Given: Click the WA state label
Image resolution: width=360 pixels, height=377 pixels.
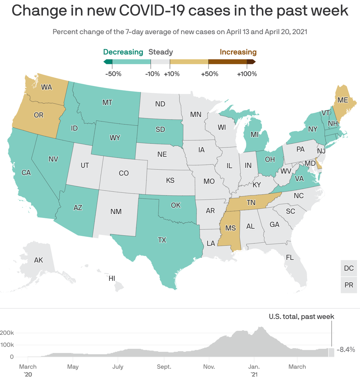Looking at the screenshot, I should click(x=46, y=87).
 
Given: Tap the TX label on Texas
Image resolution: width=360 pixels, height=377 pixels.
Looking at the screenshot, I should click(x=162, y=240).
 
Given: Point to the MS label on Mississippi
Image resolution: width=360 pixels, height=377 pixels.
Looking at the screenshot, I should click(x=230, y=228).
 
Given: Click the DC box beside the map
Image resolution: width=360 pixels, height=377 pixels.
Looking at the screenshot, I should click(x=349, y=268).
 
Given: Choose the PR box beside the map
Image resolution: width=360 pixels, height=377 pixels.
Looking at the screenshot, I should click(x=349, y=284).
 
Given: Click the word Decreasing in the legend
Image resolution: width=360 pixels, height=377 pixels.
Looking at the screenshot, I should click(x=123, y=52).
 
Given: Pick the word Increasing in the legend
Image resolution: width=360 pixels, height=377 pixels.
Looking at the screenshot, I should click(x=238, y=52).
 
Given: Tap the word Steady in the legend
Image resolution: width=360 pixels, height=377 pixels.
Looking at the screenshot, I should click(x=161, y=52).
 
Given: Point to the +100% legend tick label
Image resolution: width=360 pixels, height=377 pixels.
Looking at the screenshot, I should click(x=247, y=74).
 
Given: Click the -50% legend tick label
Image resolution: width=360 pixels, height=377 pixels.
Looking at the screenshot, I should click(x=113, y=74).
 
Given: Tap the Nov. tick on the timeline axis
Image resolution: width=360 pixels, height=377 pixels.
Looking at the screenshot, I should click(x=209, y=367).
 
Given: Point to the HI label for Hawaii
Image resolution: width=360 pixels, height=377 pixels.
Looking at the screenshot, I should click(x=112, y=279).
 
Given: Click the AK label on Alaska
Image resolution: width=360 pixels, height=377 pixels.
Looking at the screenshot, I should click(x=39, y=260).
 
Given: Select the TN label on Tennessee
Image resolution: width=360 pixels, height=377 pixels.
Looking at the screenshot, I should click(x=251, y=203).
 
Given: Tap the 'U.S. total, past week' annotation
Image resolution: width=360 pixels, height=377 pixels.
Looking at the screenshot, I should click(x=301, y=316).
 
